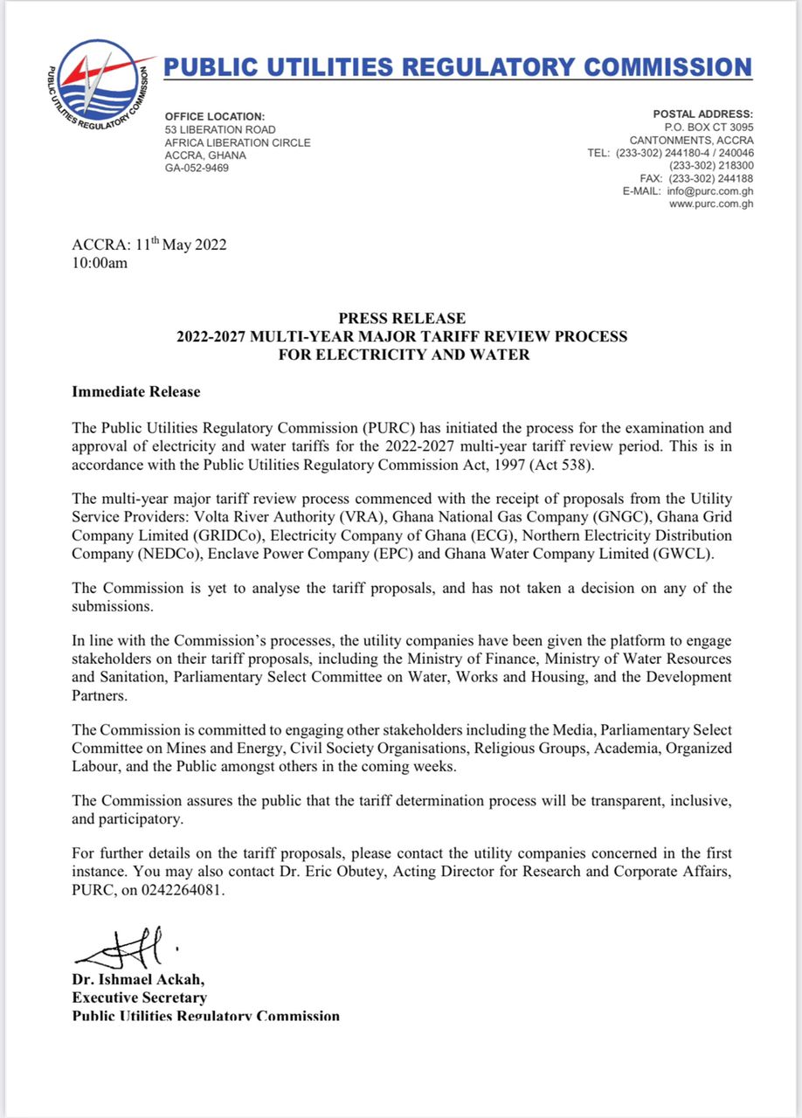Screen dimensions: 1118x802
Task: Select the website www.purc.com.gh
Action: point(711,204)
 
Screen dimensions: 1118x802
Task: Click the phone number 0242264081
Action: point(187,891)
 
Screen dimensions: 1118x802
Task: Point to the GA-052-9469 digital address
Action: point(197,168)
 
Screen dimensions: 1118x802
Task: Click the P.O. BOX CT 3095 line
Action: point(702,128)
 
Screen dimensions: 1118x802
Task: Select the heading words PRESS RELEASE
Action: point(401,319)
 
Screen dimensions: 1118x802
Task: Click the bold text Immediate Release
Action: point(135,392)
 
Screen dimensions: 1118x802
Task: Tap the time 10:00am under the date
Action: point(100,262)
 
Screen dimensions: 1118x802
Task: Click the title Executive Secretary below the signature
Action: point(139,997)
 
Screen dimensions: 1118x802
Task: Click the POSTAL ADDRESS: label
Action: point(702,114)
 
